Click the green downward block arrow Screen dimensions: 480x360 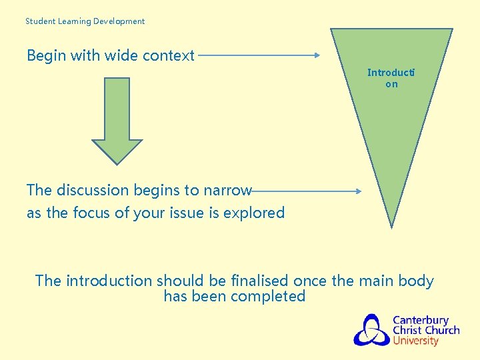[x=117, y=120]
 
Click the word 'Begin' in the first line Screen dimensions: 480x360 [x=46, y=56]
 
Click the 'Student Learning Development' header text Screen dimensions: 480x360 [x=85, y=21]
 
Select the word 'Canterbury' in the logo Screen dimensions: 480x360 [x=421, y=321]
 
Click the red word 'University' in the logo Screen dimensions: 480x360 [x=415, y=341]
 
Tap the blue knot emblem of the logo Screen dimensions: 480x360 [x=371, y=330]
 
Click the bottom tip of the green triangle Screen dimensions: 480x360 [x=392, y=225]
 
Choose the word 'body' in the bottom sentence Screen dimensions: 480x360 [x=416, y=281]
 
